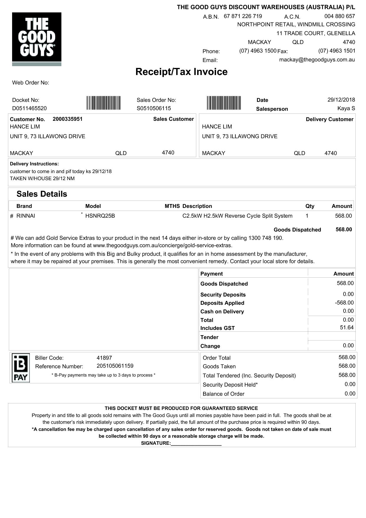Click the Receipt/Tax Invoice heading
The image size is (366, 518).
tap(181, 72)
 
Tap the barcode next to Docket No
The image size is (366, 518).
tap(103, 103)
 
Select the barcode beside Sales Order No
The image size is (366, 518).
tap(224, 103)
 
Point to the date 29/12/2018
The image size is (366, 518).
tap(341, 100)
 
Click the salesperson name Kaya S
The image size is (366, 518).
tap(346, 108)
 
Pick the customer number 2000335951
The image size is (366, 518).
tap(68, 119)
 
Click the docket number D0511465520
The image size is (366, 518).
tap(29, 108)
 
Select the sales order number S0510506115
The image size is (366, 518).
tap(153, 108)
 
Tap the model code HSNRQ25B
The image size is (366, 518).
tap(100, 216)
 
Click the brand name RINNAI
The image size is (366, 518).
tap(26, 216)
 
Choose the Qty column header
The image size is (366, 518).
tap(310, 206)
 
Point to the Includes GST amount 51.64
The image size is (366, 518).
tap(347, 328)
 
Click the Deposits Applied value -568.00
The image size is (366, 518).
tap(344, 303)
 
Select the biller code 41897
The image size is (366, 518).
tap(104, 358)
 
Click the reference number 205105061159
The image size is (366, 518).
tap(115, 366)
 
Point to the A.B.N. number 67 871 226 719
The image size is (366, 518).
tap(243, 16)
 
